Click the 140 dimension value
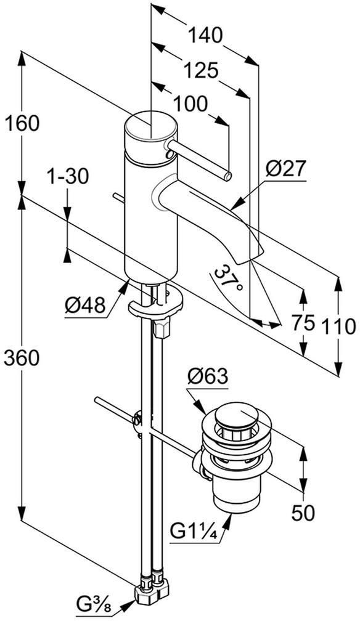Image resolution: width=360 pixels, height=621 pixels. (x=205, y=36)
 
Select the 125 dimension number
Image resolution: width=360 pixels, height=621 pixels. (x=202, y=71)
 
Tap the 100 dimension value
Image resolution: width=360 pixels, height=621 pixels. (x=190, y=104)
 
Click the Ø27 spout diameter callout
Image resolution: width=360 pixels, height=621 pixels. (x=286, y=170)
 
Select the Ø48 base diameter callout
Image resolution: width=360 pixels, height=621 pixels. (x=86, y=306)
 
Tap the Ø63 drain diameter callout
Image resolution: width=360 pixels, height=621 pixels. (x=208, y=376)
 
